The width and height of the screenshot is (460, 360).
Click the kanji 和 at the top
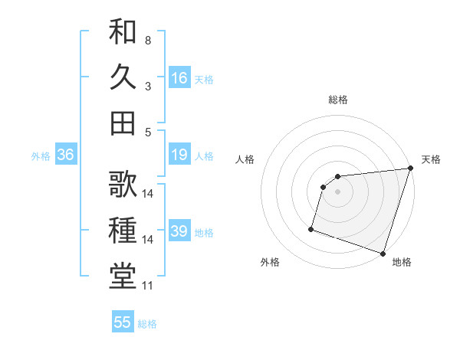pos(123,32)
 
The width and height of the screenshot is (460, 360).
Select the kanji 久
pos(123,77)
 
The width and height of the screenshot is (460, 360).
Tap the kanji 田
pos(123,123)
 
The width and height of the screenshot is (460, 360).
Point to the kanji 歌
pos(123,184)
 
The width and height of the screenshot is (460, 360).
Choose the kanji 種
pos(123,229)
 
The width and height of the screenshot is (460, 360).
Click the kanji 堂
pos(123,275)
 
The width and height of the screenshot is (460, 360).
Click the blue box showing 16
pos(179,77)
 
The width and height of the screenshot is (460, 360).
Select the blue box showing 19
pos(179,155)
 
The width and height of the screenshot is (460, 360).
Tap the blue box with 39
pos(179,232)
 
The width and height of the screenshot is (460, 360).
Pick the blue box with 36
pos(66,155)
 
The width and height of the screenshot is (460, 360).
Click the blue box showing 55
pos(123,322)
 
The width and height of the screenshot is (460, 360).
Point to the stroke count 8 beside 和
pos(148,40)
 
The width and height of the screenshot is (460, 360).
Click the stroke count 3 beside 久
pos(148,87)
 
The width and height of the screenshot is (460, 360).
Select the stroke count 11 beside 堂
pos(148,286)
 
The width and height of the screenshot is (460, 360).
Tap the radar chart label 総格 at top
pos(337,100)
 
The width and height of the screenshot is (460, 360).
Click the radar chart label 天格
pos(431,159)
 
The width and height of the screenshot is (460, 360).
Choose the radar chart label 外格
pos(270,262)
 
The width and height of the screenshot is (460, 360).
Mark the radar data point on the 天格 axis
pos(410,169)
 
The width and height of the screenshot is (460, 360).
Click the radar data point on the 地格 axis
pos(383,253)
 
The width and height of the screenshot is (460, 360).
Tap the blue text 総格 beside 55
pos(147,324)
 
